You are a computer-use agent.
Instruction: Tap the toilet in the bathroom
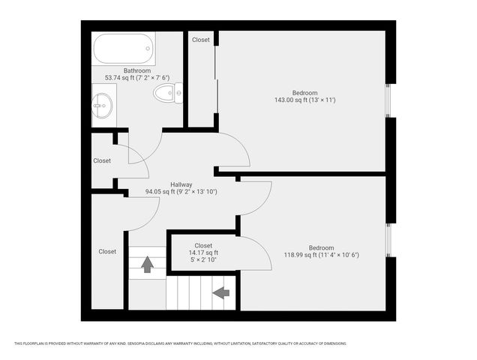tap(166, 93)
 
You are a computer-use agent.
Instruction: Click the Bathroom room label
tap(138, 70)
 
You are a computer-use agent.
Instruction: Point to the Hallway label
tap(181, 184)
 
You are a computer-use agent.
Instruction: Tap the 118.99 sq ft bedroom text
tap(321, 255)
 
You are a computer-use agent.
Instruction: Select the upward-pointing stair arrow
tap(147, 263)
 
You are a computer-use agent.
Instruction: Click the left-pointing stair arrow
tap(221, 292)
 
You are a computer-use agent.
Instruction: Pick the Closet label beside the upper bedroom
tap(201, 40)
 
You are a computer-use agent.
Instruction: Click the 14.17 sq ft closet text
tap(202, 253)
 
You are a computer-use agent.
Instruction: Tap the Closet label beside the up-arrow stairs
tap(107, 252)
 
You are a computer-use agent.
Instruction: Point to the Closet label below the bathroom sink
tap(102, 160)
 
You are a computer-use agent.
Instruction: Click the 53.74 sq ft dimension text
tap(137, 77)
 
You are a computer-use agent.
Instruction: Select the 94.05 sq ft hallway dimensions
tap(181, 192)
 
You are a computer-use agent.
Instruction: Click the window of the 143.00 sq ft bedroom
tap(388, 100)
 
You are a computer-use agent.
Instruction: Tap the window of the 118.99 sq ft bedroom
tap(388, 238)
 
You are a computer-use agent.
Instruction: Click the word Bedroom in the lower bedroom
tap(321, 248)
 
